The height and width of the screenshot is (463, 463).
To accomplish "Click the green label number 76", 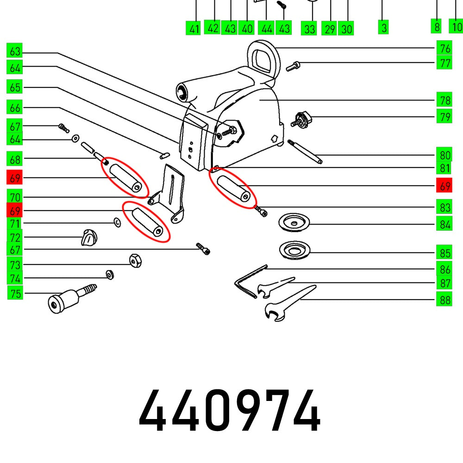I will tap(444, 49).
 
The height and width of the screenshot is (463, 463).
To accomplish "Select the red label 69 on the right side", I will tap(444, 187).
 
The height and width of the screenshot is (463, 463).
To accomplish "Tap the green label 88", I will tap(444, 300).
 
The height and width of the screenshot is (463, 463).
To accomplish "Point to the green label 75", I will tap(15, 293).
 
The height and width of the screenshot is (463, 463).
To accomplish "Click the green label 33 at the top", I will tap(309, 29).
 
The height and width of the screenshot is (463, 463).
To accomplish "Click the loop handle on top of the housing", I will tap(262, 58).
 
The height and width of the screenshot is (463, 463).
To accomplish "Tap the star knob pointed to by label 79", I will tap(302, 119).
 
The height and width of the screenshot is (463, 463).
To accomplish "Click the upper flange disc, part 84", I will tap(294, 222).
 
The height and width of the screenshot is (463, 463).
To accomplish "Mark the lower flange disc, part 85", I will tap(294, 250).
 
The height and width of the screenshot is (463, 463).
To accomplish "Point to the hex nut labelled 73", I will tap(135, 260).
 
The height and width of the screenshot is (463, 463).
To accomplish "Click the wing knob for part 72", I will tap(89, 238).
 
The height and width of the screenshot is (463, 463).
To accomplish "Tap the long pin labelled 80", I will tap(305, 151).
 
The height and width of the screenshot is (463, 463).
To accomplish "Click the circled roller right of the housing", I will tap(232, 189).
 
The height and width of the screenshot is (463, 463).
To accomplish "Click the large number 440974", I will tap(230, 411).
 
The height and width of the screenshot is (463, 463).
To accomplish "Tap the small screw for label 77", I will tap(293, 66).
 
